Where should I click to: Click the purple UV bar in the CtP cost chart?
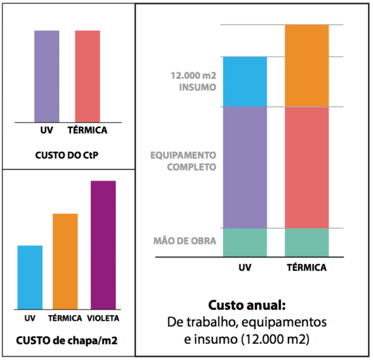pyautogui.click(x=47, y=75)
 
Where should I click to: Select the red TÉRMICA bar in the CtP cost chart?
pyautogui.click(x=88, y=75)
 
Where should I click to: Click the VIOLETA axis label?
pyautogui.click(x=104, y=318)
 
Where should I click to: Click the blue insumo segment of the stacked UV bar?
pyautogui.click(x=245, y=81)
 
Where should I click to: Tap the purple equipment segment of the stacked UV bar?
pyautogui.click(x=245, y=167)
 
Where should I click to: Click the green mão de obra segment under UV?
pyautogui.click(x=245, y=242)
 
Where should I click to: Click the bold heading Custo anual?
pyautogui.click(x=246, y=307)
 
